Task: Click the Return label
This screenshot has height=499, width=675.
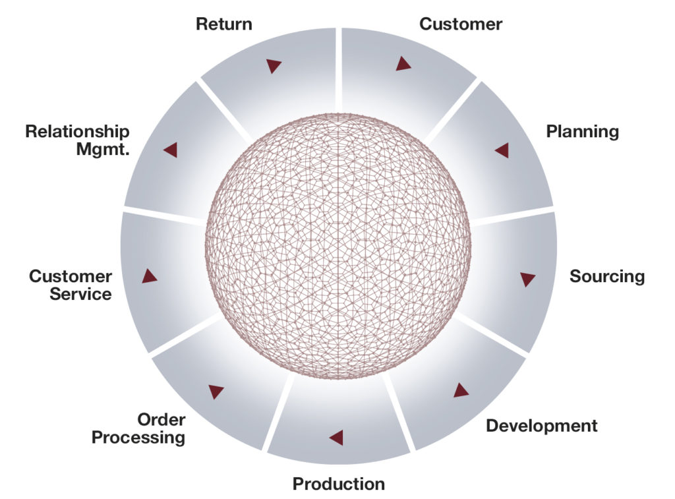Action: pyautogui.click(x=223, y=24)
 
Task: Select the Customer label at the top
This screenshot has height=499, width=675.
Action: pyautogui.click(x=461, y=24)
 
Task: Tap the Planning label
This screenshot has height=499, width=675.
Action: pyautogui.click(x=582, y=131)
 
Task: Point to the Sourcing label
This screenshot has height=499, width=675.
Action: pyautogui.click(x=606, y=276)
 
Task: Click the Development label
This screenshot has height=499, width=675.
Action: pyautogui.click(x=541, y=425)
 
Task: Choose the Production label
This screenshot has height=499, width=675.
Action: pyautogui.click(x=338, y=484)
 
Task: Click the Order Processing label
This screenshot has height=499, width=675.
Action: pyautogui.click(x=138, y=428)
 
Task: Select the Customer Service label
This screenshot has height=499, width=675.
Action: pyautogui.click(x=71, y=285)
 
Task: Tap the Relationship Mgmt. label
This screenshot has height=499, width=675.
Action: pyautogui.click(x=77, y=140)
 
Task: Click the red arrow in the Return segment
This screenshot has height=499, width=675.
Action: pyautogui.click(x=274, y=65)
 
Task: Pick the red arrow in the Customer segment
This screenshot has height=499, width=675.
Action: pyautogui.click(x=403, y=64)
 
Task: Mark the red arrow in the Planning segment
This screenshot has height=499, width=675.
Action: pyautogui.click(x=502, y=150)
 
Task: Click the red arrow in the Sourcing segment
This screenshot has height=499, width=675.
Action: pyautogui.click(x=527, y=279)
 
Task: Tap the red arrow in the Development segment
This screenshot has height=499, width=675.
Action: pyautogui.click(x=460, y=390)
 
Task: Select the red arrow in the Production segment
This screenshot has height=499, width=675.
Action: pyautogui.click(x=337, y=437)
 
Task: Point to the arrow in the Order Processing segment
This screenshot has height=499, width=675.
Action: pyautogui.click(x=216, y=391)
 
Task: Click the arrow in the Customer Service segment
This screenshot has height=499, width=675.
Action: pyautogui.click(x=149, y=276)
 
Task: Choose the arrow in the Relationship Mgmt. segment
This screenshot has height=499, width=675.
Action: pyautogui.click(x=171, y=150)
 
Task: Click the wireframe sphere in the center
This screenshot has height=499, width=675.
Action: pyautogui.click(x=337, y=246)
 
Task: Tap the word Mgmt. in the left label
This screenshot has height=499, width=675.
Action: pyautogui.click(x=103, y=148)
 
